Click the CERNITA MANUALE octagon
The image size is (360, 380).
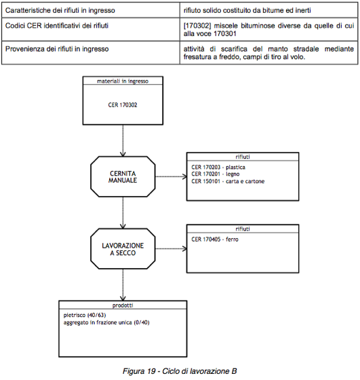tap(123, 176)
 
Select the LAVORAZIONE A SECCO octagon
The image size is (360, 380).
tap(123, 248)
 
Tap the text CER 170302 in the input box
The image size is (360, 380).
tap(123, 105)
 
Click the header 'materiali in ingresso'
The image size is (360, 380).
tap(123, 81)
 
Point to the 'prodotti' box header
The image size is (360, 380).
tap(123, 305)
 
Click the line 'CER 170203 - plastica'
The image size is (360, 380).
tap(218, 167)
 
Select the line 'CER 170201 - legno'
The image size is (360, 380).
tap(215, 174)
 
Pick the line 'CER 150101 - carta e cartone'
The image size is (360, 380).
tap(228, 181)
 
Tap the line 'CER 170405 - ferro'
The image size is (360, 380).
tap(215, 240)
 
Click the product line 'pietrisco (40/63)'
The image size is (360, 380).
tap(85, 315)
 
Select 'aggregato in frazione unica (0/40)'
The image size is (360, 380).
tap(106, 322)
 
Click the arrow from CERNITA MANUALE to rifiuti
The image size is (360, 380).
tap(171, 176)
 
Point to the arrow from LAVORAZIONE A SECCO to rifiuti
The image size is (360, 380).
tap(171, 249)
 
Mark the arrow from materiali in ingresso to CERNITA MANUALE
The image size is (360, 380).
tap(123, 140)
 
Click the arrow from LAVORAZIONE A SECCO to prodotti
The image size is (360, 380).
tap(123, 285)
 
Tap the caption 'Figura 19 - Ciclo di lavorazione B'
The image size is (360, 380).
tap(180, 371)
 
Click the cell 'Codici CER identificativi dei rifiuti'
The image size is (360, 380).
tap(57, 26)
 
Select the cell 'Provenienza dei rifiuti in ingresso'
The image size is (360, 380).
tap(57, 49)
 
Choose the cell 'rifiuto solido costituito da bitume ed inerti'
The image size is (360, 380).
tap(247, 10)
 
